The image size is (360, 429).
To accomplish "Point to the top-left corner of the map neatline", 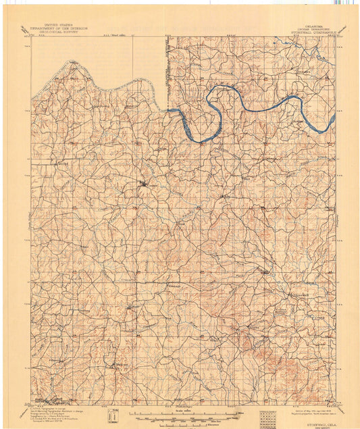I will coord(30,36).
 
